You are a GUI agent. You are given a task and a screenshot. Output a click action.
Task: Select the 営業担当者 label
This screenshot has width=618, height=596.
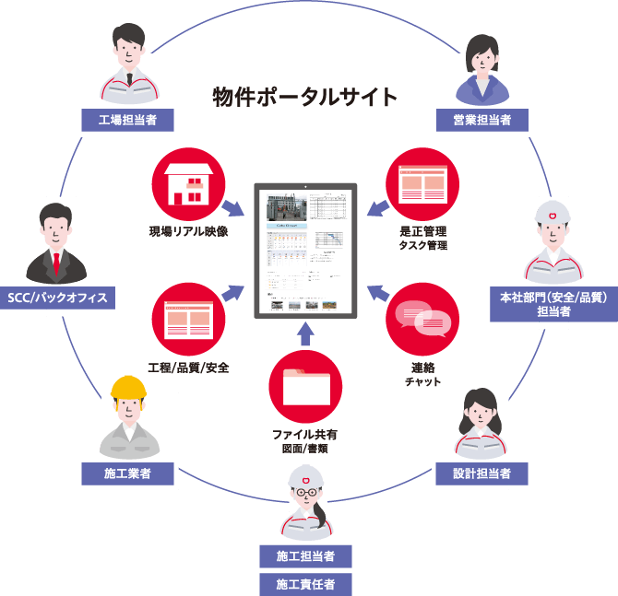point(481,119)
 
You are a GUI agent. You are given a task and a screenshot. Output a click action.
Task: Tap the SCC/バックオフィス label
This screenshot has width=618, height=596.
point(57,298)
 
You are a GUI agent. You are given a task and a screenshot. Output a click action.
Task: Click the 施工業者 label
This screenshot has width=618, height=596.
point(128,474)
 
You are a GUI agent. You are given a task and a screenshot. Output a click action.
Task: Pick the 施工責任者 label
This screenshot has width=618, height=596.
point(305,583)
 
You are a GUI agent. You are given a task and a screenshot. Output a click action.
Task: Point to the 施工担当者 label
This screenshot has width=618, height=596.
point(305,556)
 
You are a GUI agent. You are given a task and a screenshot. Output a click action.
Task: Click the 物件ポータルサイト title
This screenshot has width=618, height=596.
point(305,97)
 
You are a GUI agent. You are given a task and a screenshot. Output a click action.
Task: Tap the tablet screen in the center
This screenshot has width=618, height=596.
point(305,249)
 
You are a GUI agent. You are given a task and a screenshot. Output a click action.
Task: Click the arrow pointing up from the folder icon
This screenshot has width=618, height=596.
point(305,333)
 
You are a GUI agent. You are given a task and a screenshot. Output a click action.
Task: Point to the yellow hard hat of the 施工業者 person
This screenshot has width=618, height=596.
point(129,388)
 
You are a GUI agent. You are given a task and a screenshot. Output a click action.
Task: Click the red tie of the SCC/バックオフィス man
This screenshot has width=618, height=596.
point(57,263)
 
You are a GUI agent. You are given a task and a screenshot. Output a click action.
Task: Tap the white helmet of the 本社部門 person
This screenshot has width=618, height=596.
point(553,216)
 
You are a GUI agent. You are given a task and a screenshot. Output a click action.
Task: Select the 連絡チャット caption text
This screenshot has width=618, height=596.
point(422,374)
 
